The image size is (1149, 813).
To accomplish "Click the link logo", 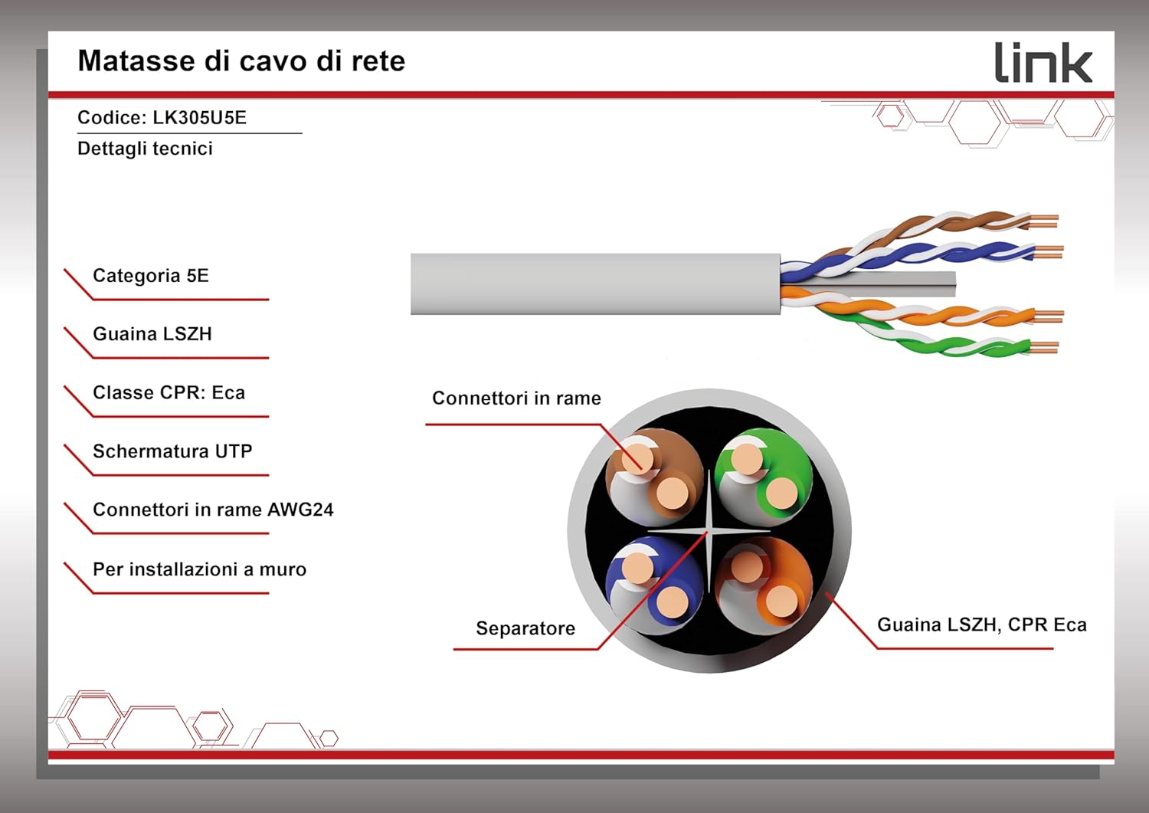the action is click(x=1043, y=62).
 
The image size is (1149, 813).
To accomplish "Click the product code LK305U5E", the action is click(x=199, y=117).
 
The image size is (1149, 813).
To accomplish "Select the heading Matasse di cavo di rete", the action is click(x=241, y=61).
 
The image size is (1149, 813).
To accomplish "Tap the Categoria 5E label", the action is click(x=151, y=276).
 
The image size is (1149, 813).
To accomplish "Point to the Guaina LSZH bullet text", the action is click(x=152, y=334).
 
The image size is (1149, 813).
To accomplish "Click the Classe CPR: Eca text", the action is click(x=169, y=392).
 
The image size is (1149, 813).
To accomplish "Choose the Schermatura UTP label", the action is click(x=172, y=451).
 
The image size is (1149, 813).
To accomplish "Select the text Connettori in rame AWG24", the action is click(x=213, y=510).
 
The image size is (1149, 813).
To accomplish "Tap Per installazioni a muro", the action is click(x=199, y=569).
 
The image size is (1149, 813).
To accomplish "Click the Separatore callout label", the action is click(x=525, y=628).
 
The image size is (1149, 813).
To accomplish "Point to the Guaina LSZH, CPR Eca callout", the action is click(x=982, y=625).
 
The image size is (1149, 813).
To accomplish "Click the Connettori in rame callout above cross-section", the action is click(x=516, y=398).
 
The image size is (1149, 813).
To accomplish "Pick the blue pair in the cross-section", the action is click(x=654, y=585).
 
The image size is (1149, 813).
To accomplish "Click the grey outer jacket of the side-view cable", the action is click(x=595, y=284).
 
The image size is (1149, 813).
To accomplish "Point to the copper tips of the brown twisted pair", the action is click(x=1043, y=221).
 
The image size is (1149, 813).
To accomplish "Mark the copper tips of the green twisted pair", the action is click(x=1043, y=348).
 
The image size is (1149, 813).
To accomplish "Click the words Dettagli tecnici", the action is click(x=145, y=149).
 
